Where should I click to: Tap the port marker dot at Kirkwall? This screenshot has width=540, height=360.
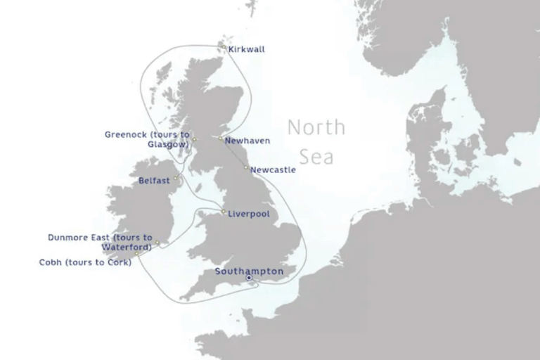(224, 47)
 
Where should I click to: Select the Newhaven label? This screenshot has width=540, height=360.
(247, 141)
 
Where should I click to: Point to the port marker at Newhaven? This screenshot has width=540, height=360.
(221, 139)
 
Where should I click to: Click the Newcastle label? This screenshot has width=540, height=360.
(273, 169)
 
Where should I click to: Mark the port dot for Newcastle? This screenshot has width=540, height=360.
(246, 167)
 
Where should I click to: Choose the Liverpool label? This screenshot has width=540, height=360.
(250, 213)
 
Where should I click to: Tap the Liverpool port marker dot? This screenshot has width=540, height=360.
(224, 212)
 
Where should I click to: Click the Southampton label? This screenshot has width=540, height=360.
(249, 271)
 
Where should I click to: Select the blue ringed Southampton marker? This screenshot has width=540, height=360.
(249, 278)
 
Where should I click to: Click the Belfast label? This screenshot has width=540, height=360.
(154, 181)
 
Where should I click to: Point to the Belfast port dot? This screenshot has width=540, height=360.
(176, 179)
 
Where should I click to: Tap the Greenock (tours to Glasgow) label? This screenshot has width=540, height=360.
(147, 139)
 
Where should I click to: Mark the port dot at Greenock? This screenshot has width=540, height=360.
(195, 140)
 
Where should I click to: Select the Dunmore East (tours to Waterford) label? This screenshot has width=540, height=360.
(100, 242)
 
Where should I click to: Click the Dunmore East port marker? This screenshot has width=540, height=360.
(157, 243)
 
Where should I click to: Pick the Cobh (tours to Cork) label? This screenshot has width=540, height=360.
(85, 262)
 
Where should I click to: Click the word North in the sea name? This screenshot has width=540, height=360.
(316, 128)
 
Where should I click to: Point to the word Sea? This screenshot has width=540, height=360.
(316, 156)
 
